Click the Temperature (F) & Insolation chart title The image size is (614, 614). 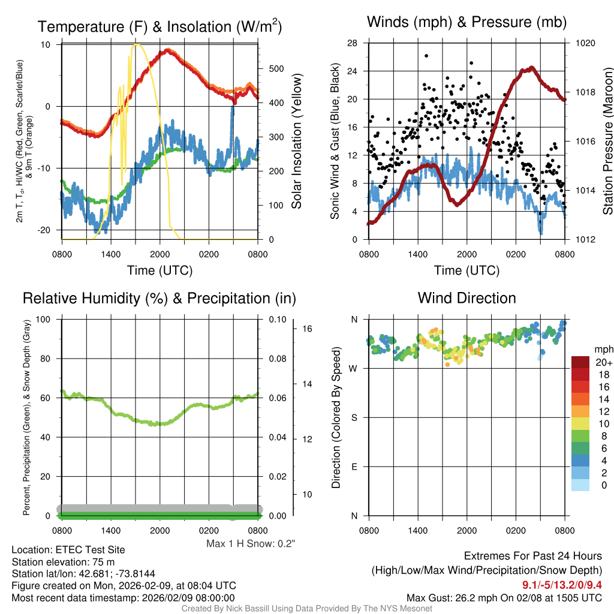(159, 27)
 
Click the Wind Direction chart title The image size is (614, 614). (466, 298)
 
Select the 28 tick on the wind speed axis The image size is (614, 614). (353, 43)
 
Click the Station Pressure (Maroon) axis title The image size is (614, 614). (607, 142)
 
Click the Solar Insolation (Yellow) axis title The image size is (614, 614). (296, 142)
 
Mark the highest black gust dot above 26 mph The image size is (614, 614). (426, 56)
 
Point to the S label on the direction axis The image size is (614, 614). (354, 417)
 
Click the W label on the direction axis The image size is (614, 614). (354, 368)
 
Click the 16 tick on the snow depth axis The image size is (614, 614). (307, 329)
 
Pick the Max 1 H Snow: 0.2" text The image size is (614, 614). (251, 543)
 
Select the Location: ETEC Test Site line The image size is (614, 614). (68, 550)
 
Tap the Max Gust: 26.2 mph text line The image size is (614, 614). (504, 597)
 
